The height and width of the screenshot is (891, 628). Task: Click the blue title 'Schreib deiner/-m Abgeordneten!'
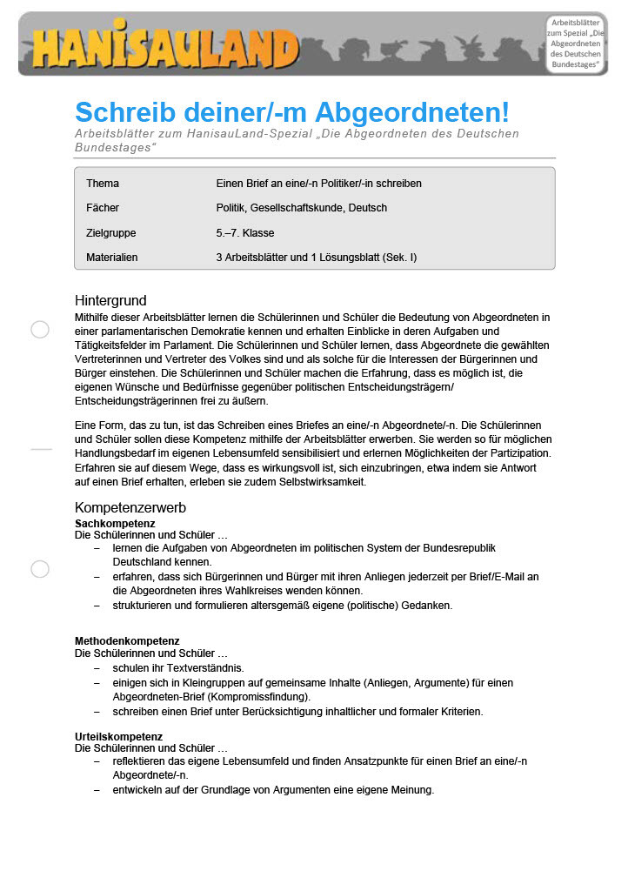coord(291,112)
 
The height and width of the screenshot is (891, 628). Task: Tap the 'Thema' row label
coord(103,184)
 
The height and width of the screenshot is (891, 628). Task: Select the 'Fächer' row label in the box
coord(103,209)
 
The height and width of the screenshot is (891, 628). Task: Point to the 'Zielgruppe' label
coord(111,233)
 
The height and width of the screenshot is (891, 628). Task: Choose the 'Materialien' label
coord(112,258)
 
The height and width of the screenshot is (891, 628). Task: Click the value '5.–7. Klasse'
coord(245,233)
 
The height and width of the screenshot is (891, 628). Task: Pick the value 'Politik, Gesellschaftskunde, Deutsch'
coord(302,209)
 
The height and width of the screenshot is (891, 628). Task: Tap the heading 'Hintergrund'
coord(110,301)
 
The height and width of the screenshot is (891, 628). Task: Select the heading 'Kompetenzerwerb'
coord(130,507)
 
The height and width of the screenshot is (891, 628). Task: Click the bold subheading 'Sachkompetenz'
coord(115,524)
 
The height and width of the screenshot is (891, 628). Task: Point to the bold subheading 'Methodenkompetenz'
coord(127,641)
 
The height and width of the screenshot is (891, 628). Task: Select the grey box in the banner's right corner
coord(575,44)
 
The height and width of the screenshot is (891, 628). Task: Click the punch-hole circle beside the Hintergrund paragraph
coord(40,329)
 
